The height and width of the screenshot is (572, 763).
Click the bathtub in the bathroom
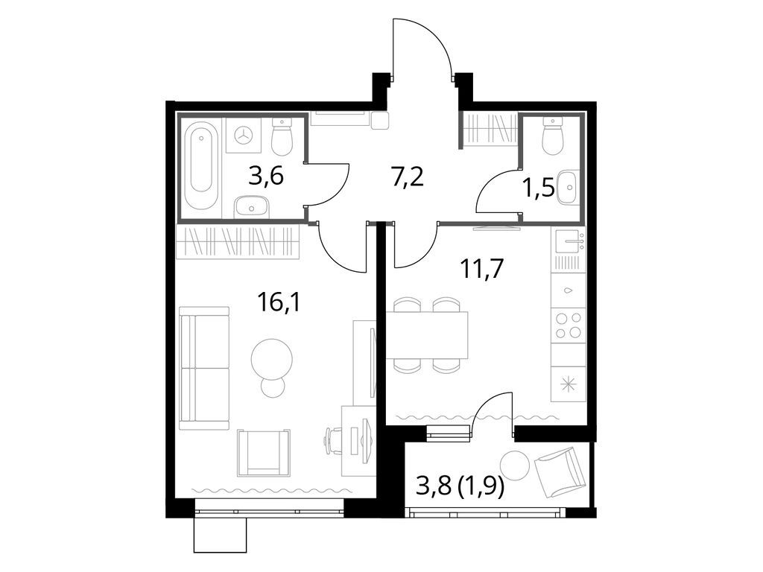[x=202, y=168]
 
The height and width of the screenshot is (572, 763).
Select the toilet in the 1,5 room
[x=552, y=136]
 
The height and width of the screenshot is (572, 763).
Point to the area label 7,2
[x=408, y=177]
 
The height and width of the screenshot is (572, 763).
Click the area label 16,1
[x=273, y=302]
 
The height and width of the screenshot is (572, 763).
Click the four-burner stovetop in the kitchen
[x=568, y=325]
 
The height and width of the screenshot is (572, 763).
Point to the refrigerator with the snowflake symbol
[x=568, y=384]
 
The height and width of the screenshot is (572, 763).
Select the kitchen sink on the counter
[x=569, y=239]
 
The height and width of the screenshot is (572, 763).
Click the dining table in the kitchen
[x=426, y=335]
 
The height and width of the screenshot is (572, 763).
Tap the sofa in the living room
[x=204, y=368]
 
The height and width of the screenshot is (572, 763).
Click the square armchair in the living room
[x=264, y=452]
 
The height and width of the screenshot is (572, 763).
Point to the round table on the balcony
[x=514, y=465]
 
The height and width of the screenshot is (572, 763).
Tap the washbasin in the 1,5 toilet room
[x=569, y=186]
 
